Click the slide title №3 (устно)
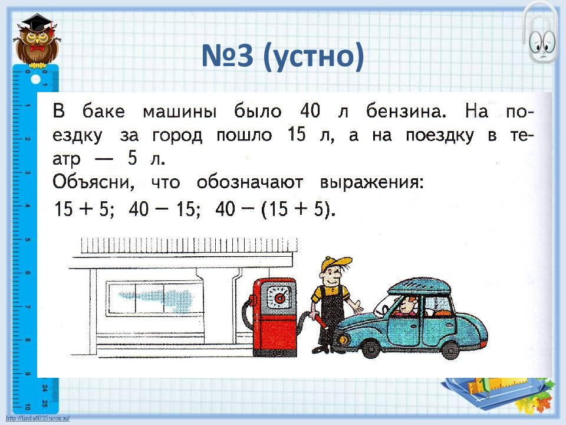coord(282,57)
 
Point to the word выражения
coord(371,182)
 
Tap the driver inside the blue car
coord(406,308)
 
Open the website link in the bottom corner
coord(35,419)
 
